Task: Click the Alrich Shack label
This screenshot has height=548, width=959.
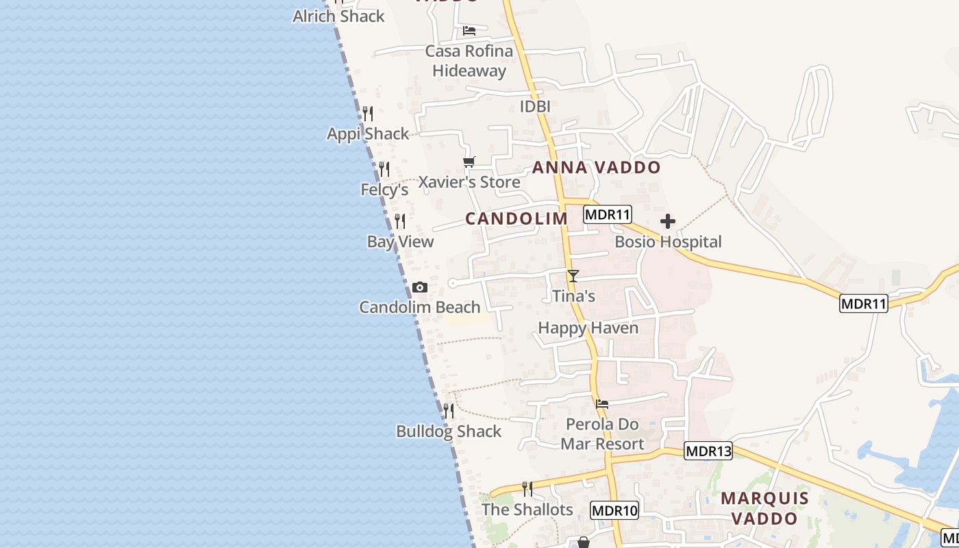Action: click(338, 16)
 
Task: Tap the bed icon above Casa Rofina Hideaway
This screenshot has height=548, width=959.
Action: click(469, 31)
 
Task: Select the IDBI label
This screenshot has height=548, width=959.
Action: click(535, 107)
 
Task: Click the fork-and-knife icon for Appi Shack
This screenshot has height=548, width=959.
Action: click(368, 113)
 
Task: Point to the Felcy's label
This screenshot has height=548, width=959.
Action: click(384, 190)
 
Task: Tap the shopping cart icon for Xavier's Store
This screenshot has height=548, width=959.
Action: click(469, 162)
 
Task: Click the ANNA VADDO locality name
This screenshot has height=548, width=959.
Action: click(596, 168)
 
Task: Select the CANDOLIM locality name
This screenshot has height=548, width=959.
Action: click(516, 219)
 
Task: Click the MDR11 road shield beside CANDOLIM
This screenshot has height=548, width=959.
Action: click(607, 214)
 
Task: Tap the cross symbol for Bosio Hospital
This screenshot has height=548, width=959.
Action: click(667, 221)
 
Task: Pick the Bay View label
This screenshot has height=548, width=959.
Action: click(400, 242)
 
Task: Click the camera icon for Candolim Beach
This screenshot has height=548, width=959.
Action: click(420, 288)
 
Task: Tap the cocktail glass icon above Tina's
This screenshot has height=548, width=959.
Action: click(573, 276)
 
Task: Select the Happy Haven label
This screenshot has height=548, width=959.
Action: click(588, 328)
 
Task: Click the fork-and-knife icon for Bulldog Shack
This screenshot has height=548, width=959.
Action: click(449, 411)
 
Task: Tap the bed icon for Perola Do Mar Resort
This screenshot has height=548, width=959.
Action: click(602, 404)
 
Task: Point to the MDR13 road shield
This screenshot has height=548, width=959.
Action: click(708, 451)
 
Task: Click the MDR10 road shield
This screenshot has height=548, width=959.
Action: click(614, 510)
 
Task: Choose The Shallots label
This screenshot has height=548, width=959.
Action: click(527, 510)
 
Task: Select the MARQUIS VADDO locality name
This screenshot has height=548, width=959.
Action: click(764, 508)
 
